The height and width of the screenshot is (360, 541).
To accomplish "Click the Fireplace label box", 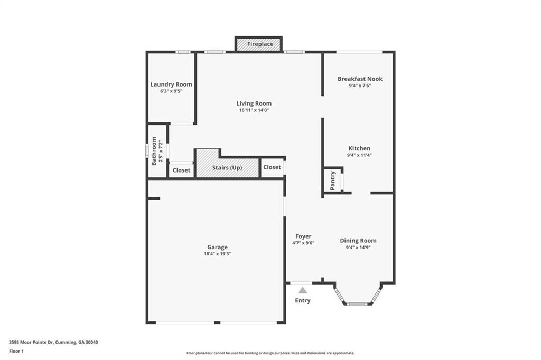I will click(x=259, y=44).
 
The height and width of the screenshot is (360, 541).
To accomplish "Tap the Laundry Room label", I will click(x=171, y=84).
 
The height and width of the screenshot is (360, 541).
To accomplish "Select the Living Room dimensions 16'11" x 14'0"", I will click(x=254, y=110).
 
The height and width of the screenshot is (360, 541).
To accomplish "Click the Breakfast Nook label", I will click(x=360, y=79).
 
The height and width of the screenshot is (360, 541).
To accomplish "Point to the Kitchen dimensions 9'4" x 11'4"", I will click(x=359, y=155).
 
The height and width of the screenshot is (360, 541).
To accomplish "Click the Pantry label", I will click(x=333, y=181).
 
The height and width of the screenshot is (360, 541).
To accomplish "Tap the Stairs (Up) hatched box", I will click(x=227, y=168).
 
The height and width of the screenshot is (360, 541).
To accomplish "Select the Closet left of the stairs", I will click(x=181, y=170).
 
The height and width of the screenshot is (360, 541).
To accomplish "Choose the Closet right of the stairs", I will click(x=272, y=167).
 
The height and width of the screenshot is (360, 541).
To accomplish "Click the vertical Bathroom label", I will click(x=154, y=151).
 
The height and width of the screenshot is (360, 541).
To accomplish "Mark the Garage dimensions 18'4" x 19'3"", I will click(x=217, y=254).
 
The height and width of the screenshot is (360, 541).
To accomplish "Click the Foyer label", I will click(x=303, y=236).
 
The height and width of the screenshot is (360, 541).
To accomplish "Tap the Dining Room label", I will click(x=358, y=241).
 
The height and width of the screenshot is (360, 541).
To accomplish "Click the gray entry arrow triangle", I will click(x=303, y=290).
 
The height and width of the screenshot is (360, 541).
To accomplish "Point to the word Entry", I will click(x=303, y=301).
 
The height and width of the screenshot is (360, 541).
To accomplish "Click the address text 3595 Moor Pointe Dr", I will click(x=53, y=342).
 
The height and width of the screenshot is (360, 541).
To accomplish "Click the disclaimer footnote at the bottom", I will click(x=270, y=353).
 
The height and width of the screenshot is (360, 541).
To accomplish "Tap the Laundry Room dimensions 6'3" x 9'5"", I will click(x=171, y=91).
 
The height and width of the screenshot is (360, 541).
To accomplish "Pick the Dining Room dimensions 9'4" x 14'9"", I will click(x=358, y=248).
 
